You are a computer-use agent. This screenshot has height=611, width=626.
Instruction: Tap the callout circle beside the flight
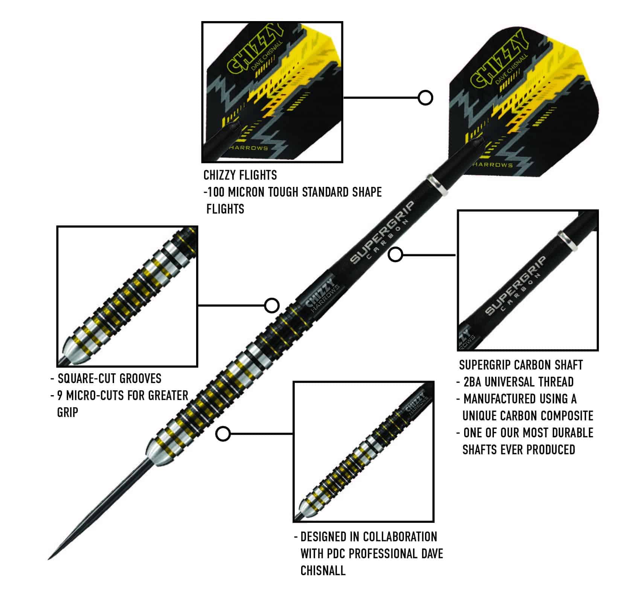click(425, 98)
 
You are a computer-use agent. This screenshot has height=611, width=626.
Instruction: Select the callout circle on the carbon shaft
click(396, 255)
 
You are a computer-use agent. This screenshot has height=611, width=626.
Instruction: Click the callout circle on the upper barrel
click(271, 305)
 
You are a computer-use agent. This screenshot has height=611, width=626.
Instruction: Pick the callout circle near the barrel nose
click(223, 434)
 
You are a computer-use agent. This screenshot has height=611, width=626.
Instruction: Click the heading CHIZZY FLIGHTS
click(240, 175)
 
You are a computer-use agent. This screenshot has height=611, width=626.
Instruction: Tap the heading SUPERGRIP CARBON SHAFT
click(521, 365)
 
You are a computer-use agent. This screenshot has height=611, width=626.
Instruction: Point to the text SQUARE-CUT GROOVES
click(110, 378)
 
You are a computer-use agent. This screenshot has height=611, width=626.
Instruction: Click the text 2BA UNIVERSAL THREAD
click(518, 382)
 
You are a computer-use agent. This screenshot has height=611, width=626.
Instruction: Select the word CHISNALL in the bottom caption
click(323, 570)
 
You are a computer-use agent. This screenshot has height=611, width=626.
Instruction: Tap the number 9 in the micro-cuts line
click(60, 395)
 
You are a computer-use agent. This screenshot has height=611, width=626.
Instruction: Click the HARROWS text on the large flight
click(493, 165)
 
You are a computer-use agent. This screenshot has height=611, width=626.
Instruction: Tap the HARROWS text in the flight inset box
click(248, 148)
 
